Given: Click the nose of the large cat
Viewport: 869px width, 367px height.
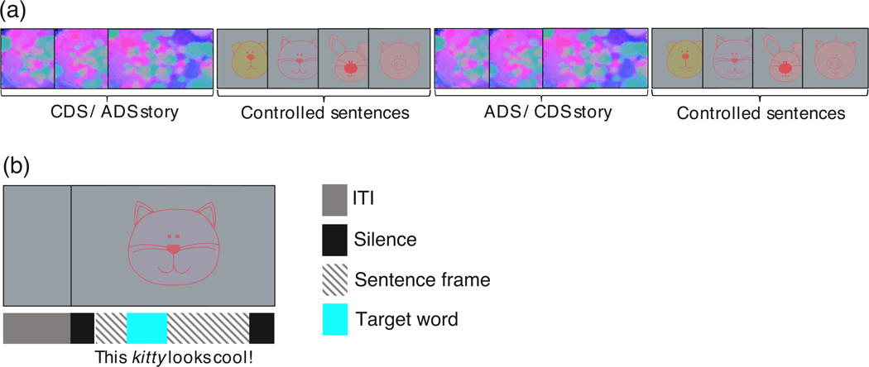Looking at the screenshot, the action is coord(172,248).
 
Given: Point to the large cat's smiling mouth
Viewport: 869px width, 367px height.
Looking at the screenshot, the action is coord(172,266).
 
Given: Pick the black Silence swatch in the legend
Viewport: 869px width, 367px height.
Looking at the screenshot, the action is coord(334,241).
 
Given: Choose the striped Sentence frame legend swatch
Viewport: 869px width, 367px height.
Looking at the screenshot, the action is coord(334,280).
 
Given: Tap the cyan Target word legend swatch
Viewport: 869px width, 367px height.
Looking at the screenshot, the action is coord(334,321).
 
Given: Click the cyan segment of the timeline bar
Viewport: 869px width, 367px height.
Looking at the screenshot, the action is coord(146,327).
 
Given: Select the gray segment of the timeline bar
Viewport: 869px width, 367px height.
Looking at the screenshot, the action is coord(36,327).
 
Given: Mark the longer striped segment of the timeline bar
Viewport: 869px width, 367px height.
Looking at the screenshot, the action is coord(208,327).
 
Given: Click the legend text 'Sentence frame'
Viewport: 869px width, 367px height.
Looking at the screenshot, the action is coord(422,280).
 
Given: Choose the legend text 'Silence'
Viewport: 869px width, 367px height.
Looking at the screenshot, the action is coord(385,241).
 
